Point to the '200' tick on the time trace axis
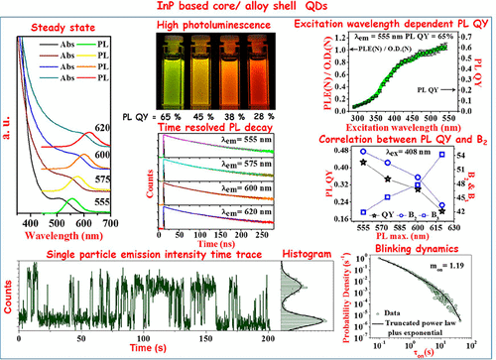click(x=263, y=340)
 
